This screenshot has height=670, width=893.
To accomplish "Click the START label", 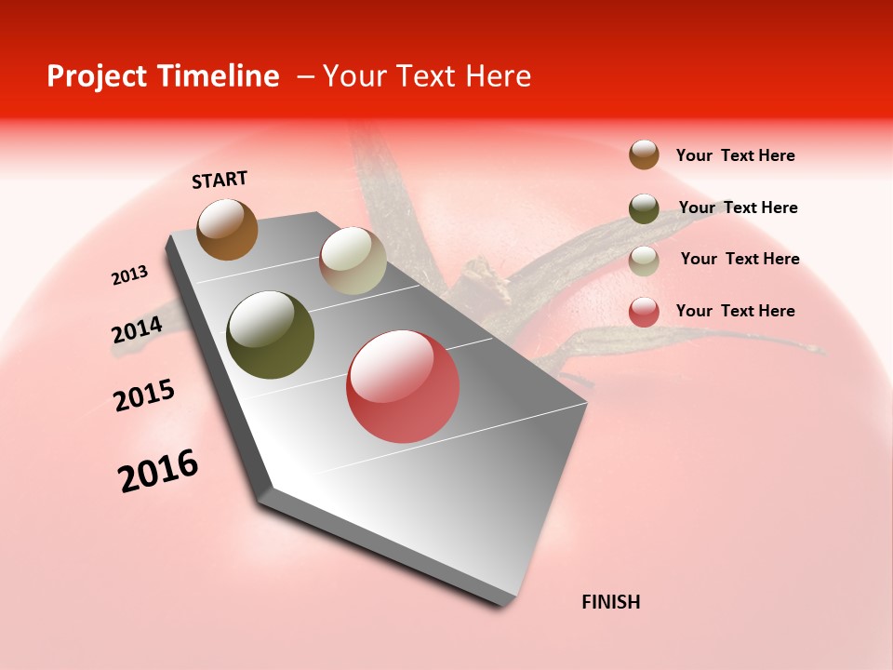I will pos(220,180).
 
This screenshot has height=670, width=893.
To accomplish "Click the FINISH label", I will pos(611,602).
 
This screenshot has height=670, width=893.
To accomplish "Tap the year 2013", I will pos(129,275).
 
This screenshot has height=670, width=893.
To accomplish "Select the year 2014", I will pos(137,330).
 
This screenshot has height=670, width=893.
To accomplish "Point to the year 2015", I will pos(144,395).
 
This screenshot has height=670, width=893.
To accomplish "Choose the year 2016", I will pos(158,470).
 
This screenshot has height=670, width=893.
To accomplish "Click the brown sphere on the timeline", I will pos(227,230).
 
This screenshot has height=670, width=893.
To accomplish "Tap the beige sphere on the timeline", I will pos(353,261).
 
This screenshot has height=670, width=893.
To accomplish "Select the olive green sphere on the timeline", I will pos(270,335).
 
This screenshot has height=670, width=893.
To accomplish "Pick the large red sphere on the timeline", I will pos(403,386).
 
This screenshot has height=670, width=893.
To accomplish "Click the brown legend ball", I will pos(644,154).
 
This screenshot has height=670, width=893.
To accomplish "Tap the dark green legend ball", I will pos(644,208).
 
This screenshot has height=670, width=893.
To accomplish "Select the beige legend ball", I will pos(644,261).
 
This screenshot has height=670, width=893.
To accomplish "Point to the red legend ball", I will pos(644,312).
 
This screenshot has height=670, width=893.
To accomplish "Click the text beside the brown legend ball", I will pos(735,155).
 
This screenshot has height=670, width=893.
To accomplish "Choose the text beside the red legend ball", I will pos(735,311).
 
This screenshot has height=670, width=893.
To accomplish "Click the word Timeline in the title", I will pos(220,76).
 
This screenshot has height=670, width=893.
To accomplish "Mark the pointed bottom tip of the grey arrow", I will pos(507,603).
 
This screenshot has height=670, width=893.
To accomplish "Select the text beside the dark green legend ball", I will pos(738,208).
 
